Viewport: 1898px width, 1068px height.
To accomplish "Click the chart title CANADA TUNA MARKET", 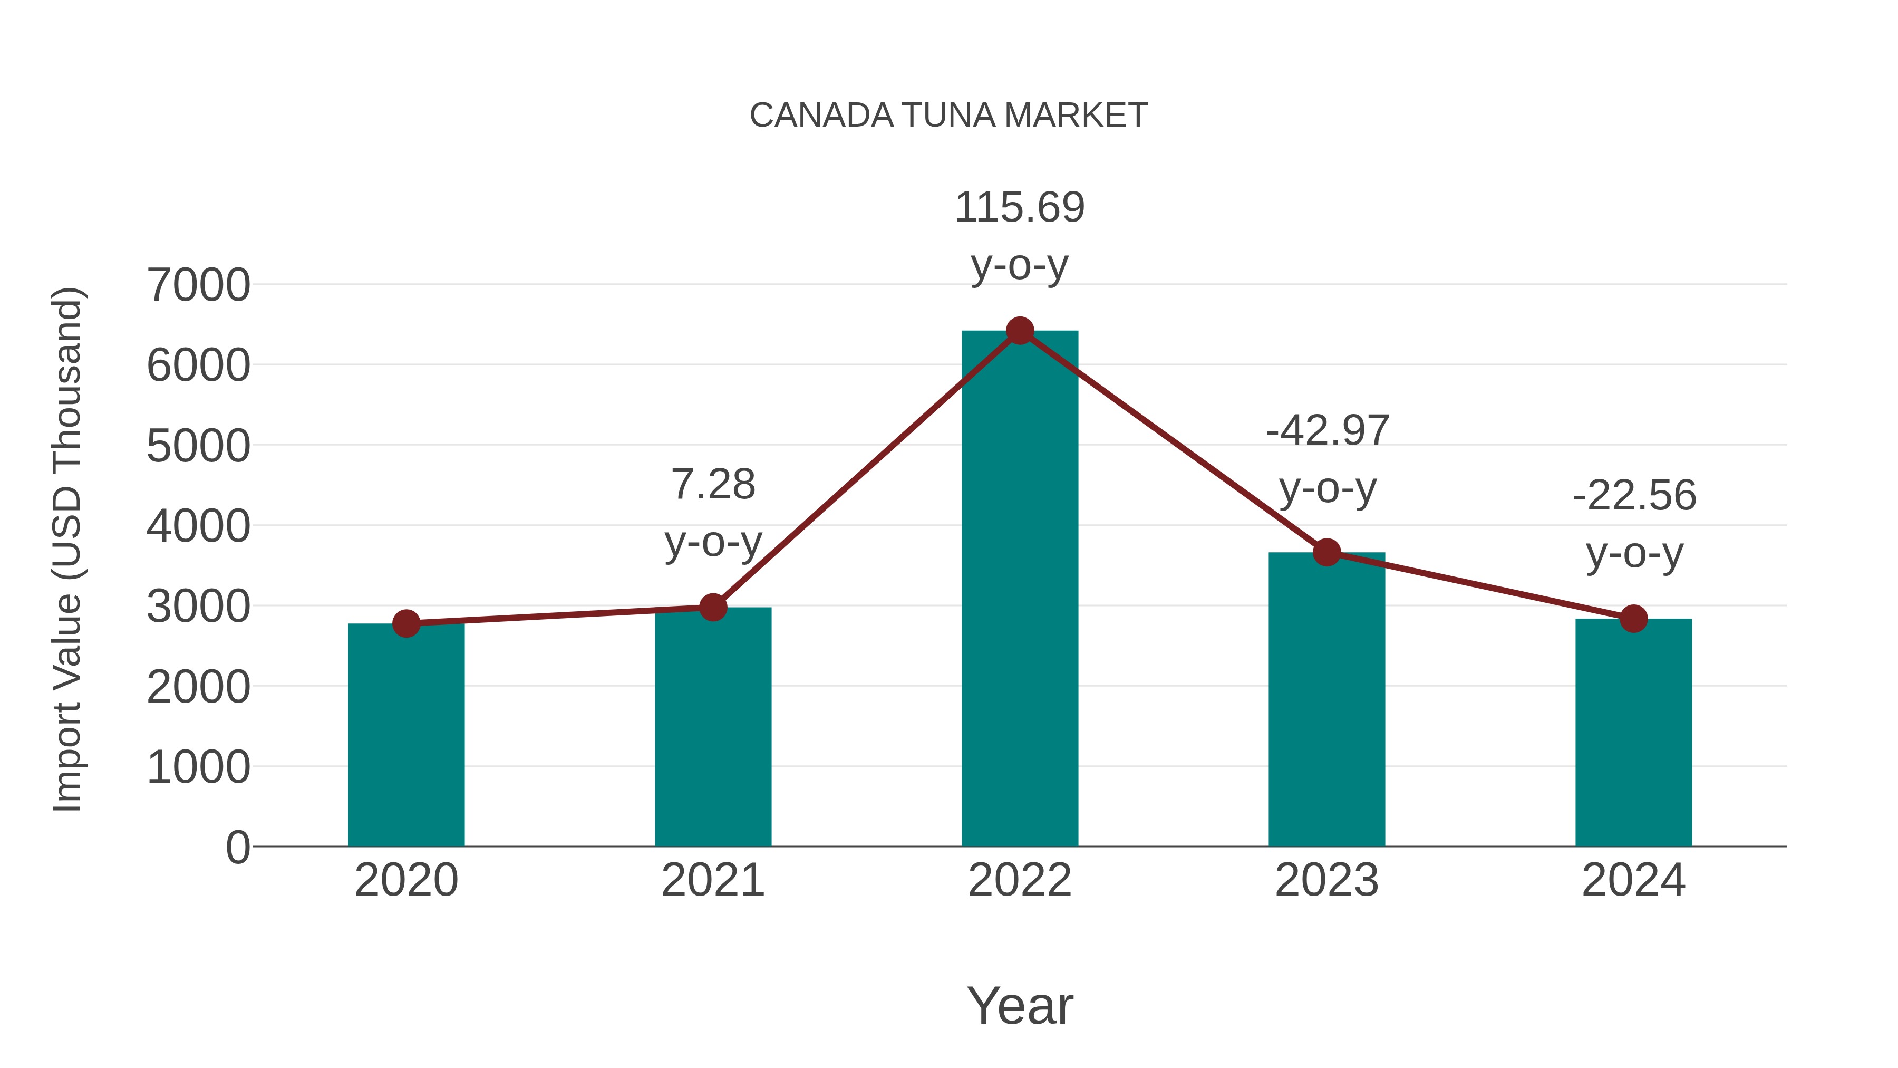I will pyautogui.click(x=948, y=116).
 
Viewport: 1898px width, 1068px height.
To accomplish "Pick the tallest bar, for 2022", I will pyautogui.click(x=1020, y=590).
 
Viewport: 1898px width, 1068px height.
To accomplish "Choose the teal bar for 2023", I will pyautogui.click(x=1326, y=700).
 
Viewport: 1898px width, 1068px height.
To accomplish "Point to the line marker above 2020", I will pyautogui.click(x=406, y=623).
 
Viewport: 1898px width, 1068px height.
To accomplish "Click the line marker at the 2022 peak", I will pyautogui.click(x=1020, y=331).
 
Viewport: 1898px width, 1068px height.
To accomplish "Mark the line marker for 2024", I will pyautogui.click(x=1633, y=619).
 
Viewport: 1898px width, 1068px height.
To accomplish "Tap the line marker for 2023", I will pyautogui.click(x=1326, y=552).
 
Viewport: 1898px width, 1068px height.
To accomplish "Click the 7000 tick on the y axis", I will pyautogui.click(x=198, y=285).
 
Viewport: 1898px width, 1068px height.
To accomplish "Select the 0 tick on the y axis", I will pyautogui.click(x=237, y=848).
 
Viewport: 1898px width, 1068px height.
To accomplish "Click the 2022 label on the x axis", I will pyautogui.click(x=1020, y=880).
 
